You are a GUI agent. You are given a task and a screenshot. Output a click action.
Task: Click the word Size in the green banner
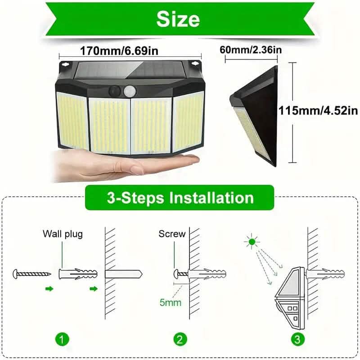pyautogui.click(x=178, y=19)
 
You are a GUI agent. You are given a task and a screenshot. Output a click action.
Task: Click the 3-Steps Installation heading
pyautogui.click(x=180, y=198)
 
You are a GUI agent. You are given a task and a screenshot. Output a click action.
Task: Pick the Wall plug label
pyautogui.click(x=63, y=234)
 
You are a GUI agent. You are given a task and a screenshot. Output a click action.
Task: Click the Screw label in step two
pyautogui.click(x=172, y=234)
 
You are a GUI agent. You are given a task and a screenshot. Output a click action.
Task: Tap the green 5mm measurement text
pyautogui.click(x=171, y=302)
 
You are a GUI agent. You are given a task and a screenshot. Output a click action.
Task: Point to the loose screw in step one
pyautogui.click(x=31, y=273)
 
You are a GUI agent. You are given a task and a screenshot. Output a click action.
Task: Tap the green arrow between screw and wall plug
pyautogui.click(x=49, y=288)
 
